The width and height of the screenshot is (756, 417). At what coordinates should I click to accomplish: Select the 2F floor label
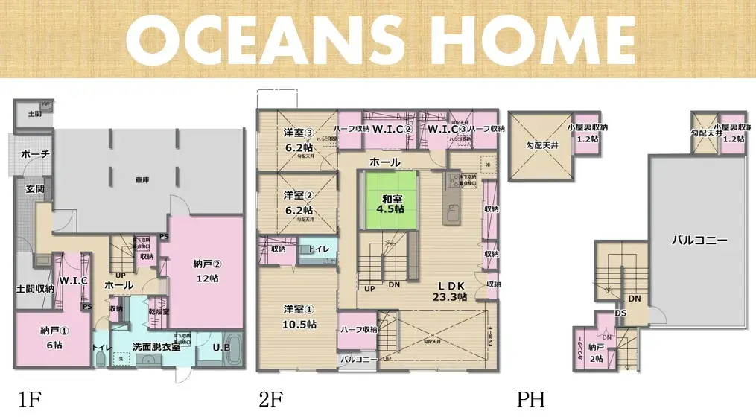pos(270,399)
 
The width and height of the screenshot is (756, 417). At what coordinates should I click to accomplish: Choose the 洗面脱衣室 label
pos(156,347)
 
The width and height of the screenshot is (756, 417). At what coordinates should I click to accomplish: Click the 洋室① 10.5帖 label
pos(299,316)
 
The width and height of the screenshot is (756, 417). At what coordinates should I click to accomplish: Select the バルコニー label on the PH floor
pos(699,241)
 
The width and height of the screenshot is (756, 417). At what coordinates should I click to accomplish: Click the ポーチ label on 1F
pos(35,154)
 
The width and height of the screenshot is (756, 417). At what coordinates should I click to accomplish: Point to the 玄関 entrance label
pos(35,189)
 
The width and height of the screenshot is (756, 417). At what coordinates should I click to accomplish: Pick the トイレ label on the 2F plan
pos(320,249)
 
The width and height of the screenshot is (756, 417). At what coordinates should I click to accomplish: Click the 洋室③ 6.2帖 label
pos(298,140)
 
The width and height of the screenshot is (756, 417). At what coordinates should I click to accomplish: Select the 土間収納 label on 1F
pos(34,289)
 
